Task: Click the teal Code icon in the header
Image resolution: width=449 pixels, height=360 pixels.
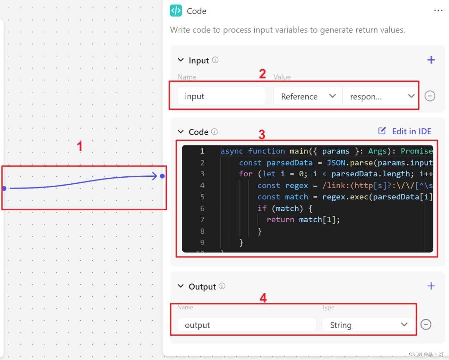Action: click(x=176, y=11)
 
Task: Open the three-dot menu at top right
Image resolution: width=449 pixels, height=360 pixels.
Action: click(x=438, y=11)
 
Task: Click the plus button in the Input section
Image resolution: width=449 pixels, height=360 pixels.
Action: click(x=431, y=60)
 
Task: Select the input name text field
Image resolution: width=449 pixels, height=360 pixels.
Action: click(x=221, y=96)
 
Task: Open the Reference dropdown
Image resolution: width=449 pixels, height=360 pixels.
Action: click(x=308, y=96)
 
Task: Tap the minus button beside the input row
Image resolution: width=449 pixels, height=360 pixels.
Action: click(x=430, y=96)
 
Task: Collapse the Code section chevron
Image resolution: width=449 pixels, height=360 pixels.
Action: click(x=181, y=131)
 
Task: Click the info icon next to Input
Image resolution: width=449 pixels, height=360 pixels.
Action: click(x=215, y=60)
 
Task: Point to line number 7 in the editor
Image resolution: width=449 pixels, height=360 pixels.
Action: click(x=202, y=219)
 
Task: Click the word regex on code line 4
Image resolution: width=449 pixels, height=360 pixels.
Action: click(x=296, y=185)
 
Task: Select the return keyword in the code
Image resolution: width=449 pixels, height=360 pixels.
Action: click(x=280, y=219)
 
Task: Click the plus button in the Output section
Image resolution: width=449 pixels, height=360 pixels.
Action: click(x=431, y=286)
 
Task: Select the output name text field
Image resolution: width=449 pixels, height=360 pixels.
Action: click(x=247, y=325)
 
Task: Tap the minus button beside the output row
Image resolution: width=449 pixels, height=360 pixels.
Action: click(x=426, y=325)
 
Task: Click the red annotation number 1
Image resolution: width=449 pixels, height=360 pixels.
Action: click(x=80, y=146)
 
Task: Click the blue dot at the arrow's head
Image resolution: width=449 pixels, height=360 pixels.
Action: click(x=162, y=176)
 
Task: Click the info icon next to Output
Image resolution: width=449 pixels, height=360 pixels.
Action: click(x=222, y=286)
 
